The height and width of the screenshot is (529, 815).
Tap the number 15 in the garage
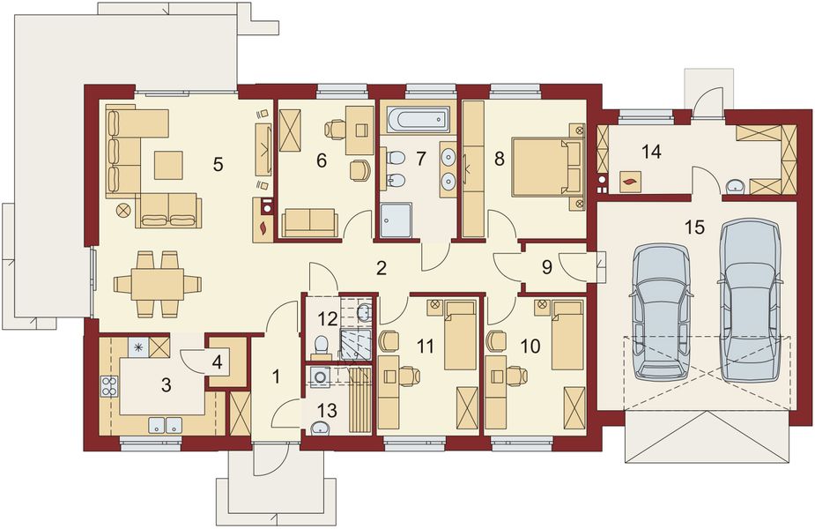[694, 227]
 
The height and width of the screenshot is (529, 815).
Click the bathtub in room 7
[418, 119]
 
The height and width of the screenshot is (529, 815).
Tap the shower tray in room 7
[398, 220]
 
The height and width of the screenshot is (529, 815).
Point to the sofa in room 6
[308, 223]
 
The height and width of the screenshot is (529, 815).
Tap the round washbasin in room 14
[733, 185]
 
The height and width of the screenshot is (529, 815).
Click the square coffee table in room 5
[167, 164]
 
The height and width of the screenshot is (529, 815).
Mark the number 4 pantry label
[218, 360]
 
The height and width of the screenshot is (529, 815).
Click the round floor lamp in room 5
[122, 210]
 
